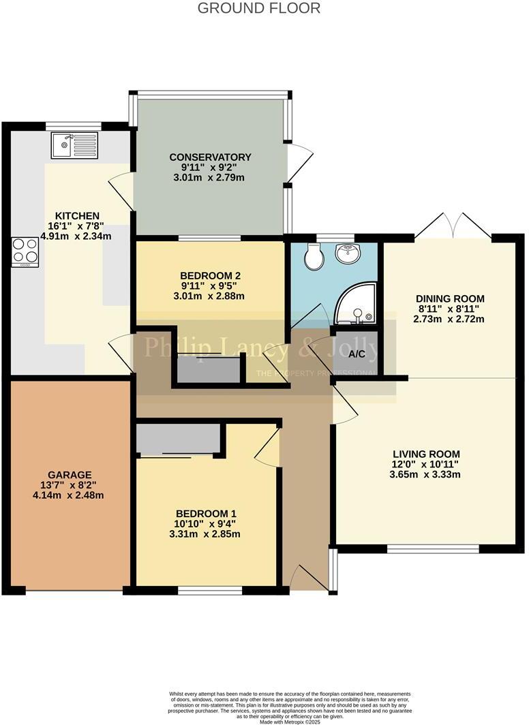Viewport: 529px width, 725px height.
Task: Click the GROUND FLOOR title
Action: pos(259,8)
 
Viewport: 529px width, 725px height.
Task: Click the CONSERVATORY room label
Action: pos(210,157)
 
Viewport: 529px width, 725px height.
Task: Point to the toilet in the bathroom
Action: pos(314,258)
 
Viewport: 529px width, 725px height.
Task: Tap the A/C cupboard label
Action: pos(356,354)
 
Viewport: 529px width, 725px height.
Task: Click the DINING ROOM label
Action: pos(450,298)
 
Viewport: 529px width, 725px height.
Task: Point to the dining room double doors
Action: pos(453,225)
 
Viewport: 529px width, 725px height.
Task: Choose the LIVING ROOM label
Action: pos(426,454)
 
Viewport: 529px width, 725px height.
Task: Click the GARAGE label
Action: pos(70,474)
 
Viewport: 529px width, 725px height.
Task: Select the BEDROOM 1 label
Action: pos(206,513)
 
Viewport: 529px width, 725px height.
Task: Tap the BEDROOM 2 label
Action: pos(210,276)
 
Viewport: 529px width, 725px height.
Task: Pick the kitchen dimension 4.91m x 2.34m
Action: pos(76,236)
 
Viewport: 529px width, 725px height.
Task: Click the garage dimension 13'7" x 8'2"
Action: pos(70,485)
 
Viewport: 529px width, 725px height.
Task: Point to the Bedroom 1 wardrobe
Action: pos(178,439)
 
